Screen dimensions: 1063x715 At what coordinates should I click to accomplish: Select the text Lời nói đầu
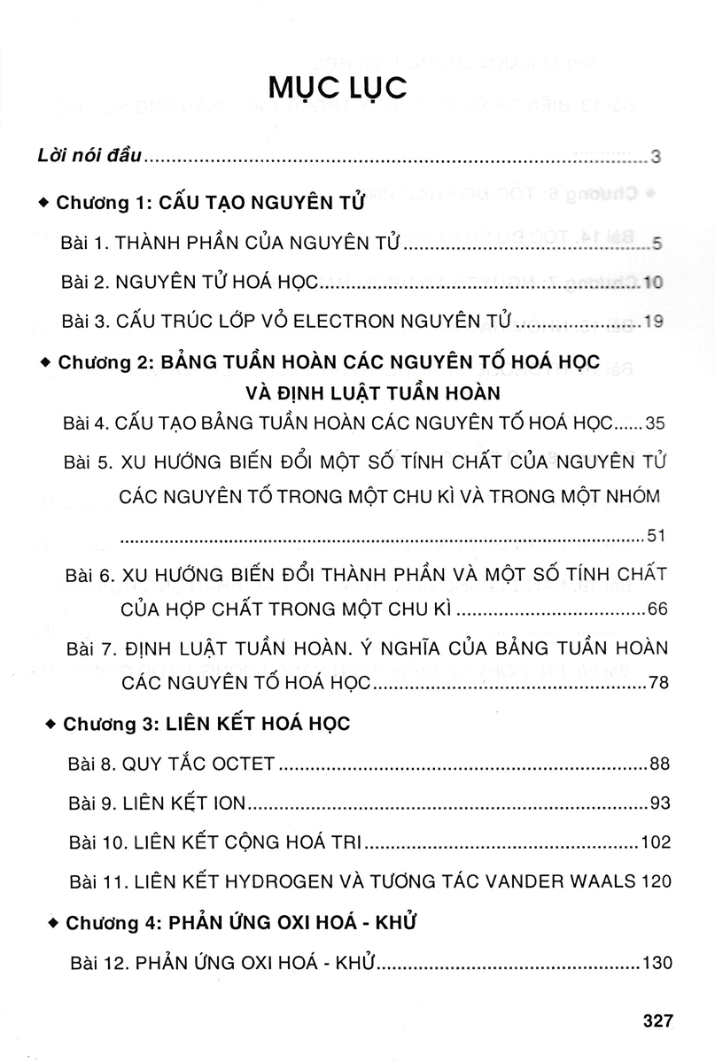coord(90,159)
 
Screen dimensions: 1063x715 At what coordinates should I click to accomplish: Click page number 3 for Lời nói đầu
coord(657,159)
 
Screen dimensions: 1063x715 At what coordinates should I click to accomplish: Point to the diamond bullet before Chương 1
coord(45,202)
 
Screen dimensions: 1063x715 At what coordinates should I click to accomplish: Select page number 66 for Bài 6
coord(657,611)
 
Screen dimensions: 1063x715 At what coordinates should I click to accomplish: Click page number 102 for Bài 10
coord(655,842)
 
